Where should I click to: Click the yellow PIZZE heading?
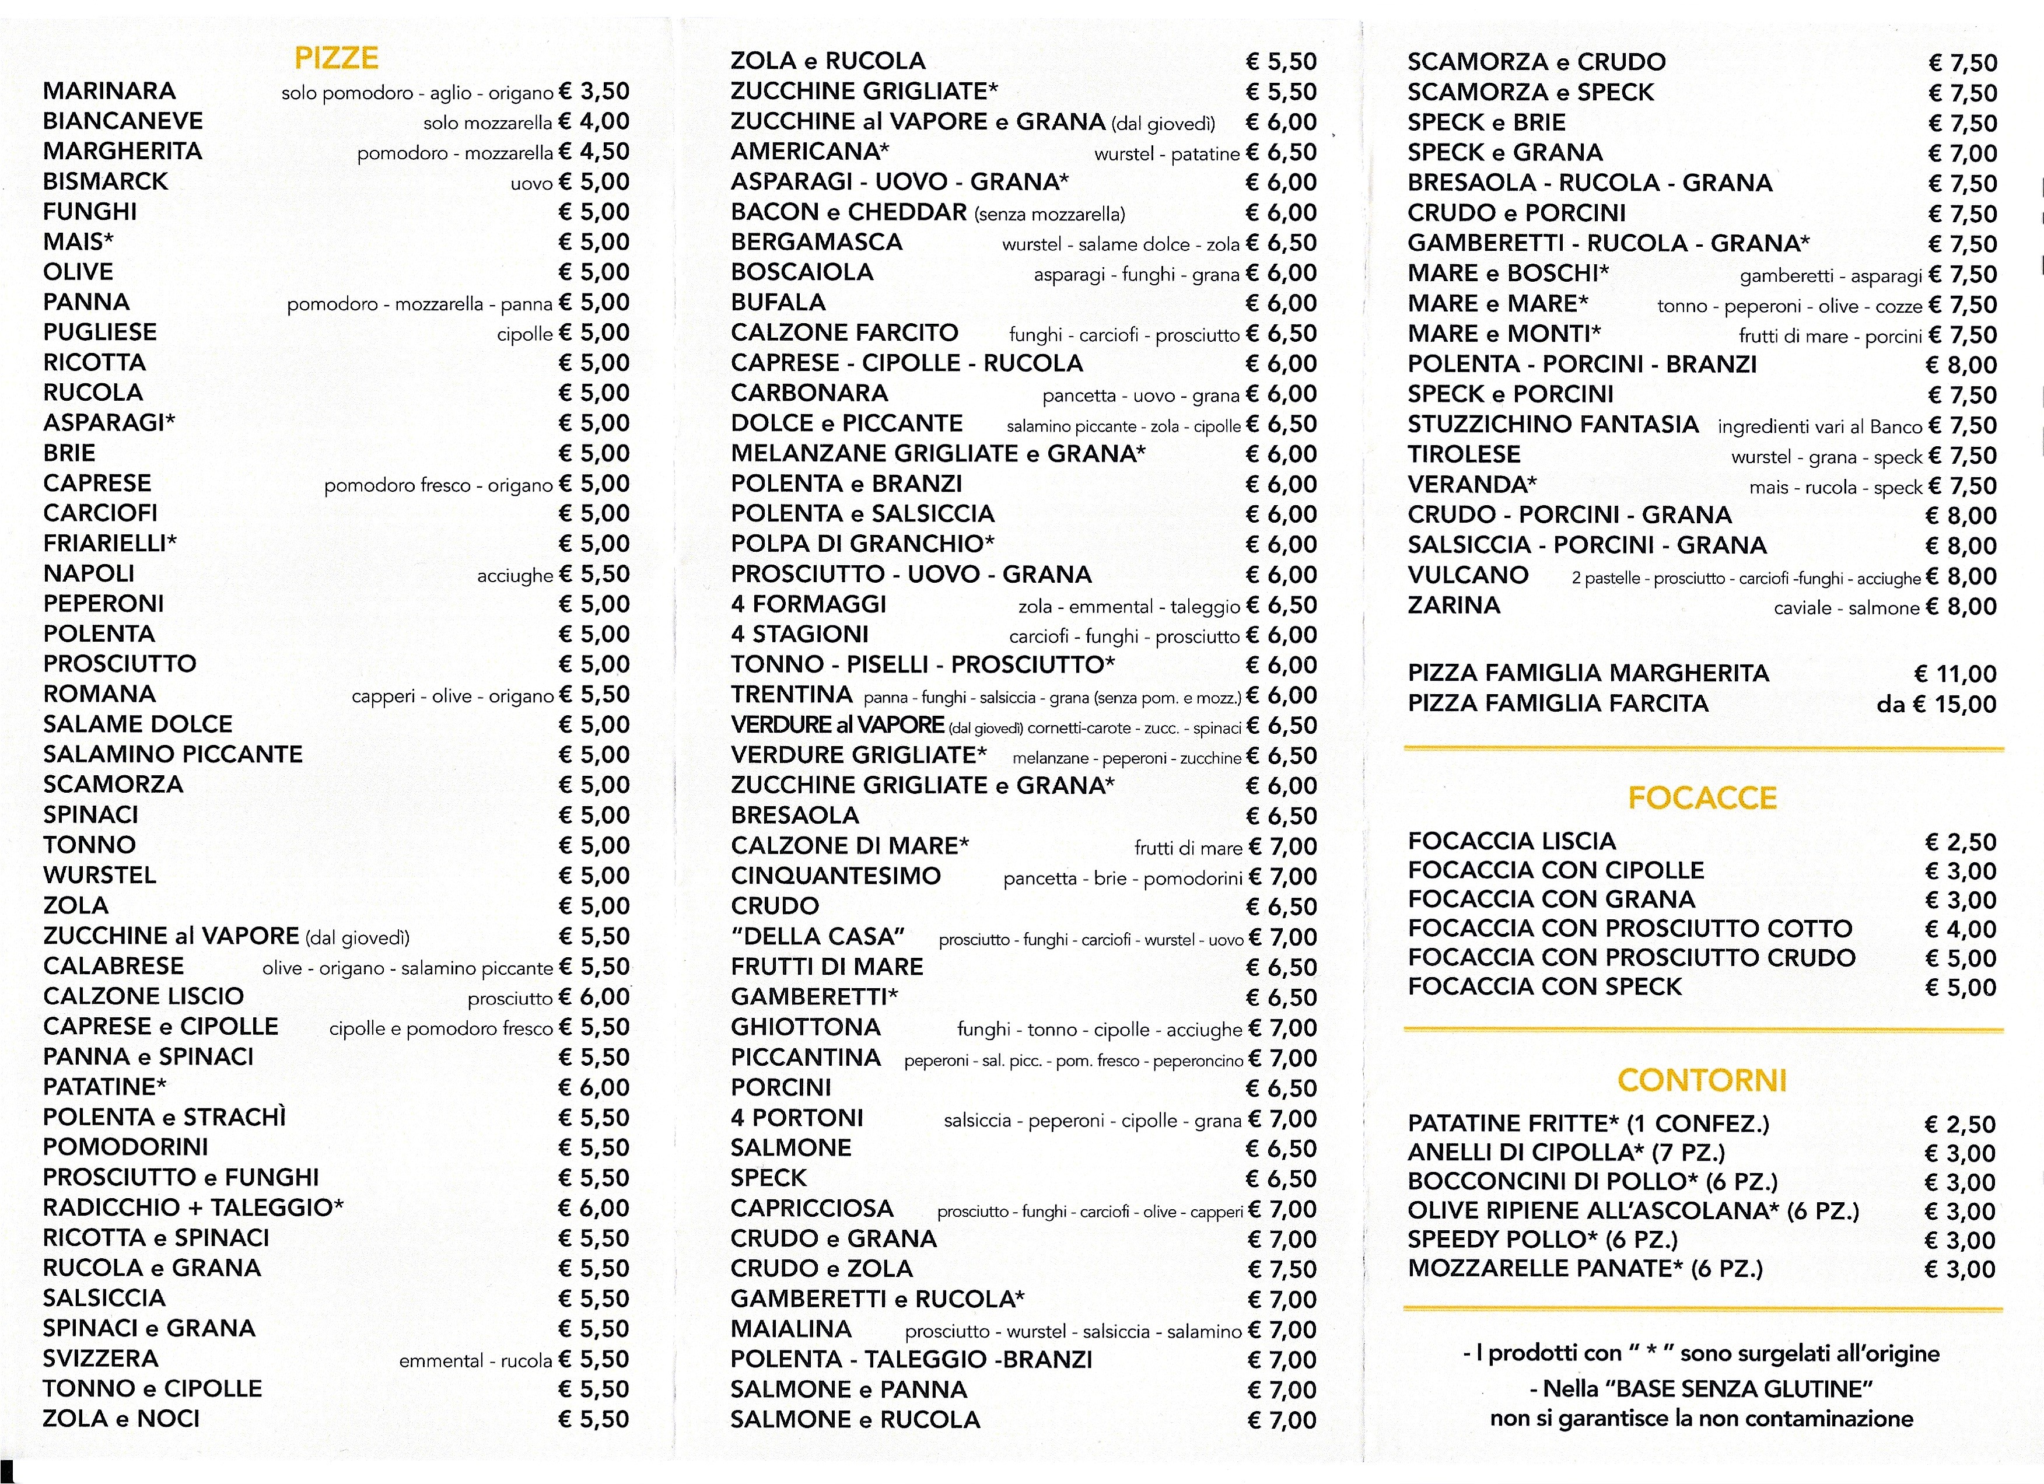click(x=336, y=58)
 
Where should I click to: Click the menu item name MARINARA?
click(x=109, y=91)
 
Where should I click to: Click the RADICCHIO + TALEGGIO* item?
click(x=193, y=1207)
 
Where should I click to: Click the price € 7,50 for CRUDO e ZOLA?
click(x=1282, y=1269)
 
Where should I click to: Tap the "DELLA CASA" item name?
click(x=817, y=936)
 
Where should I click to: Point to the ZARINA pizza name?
click(x=1454, y=605)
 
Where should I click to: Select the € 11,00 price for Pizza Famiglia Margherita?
click(x=1955, y=674)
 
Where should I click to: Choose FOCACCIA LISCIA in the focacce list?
click(x=1511, y=842)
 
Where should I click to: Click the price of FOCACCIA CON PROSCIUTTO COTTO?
click(x=1960, y=929)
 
